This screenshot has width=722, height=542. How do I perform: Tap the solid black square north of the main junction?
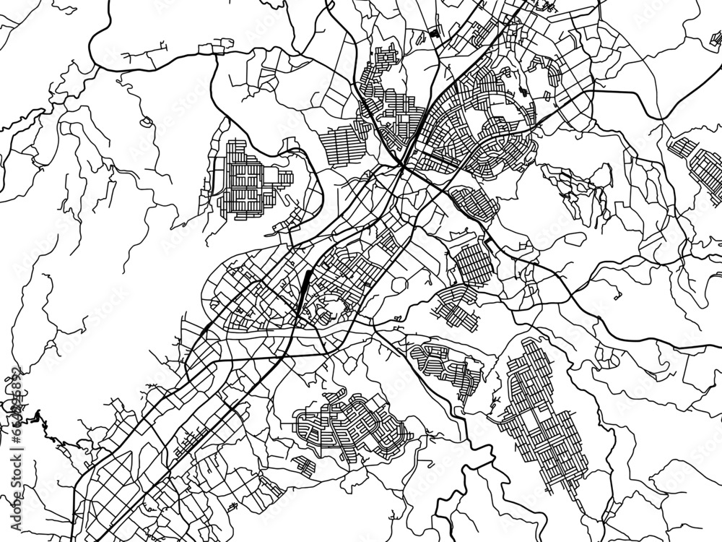click(433, 32)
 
